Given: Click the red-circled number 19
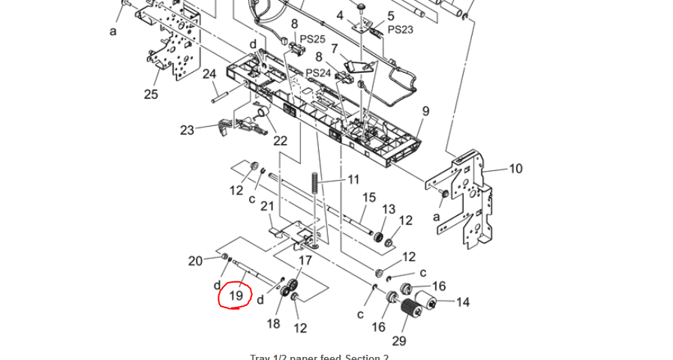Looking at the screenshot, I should pos(236,295).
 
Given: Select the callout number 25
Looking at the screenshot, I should pos(151,94).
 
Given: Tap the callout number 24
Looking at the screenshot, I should pos(209,74).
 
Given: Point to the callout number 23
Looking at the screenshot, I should pos(187,130).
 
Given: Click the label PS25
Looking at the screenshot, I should pos(313,39).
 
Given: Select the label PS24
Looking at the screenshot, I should pos(318,73).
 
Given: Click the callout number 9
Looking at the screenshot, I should pos(425,112).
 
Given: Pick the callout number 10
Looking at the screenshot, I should pos(515,169).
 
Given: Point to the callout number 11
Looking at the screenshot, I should pos(353,180).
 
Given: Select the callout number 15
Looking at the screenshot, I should pos(369,197).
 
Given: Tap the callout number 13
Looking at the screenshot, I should pos(389,209).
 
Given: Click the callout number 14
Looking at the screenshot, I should pos(463,302).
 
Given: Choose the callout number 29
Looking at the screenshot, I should pos(398,341).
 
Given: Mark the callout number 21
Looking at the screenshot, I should pos(267,206).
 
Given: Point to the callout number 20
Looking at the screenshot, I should pos(195,261).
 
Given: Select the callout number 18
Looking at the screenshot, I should pos(273,323).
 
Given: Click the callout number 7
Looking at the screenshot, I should pos(335,48).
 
